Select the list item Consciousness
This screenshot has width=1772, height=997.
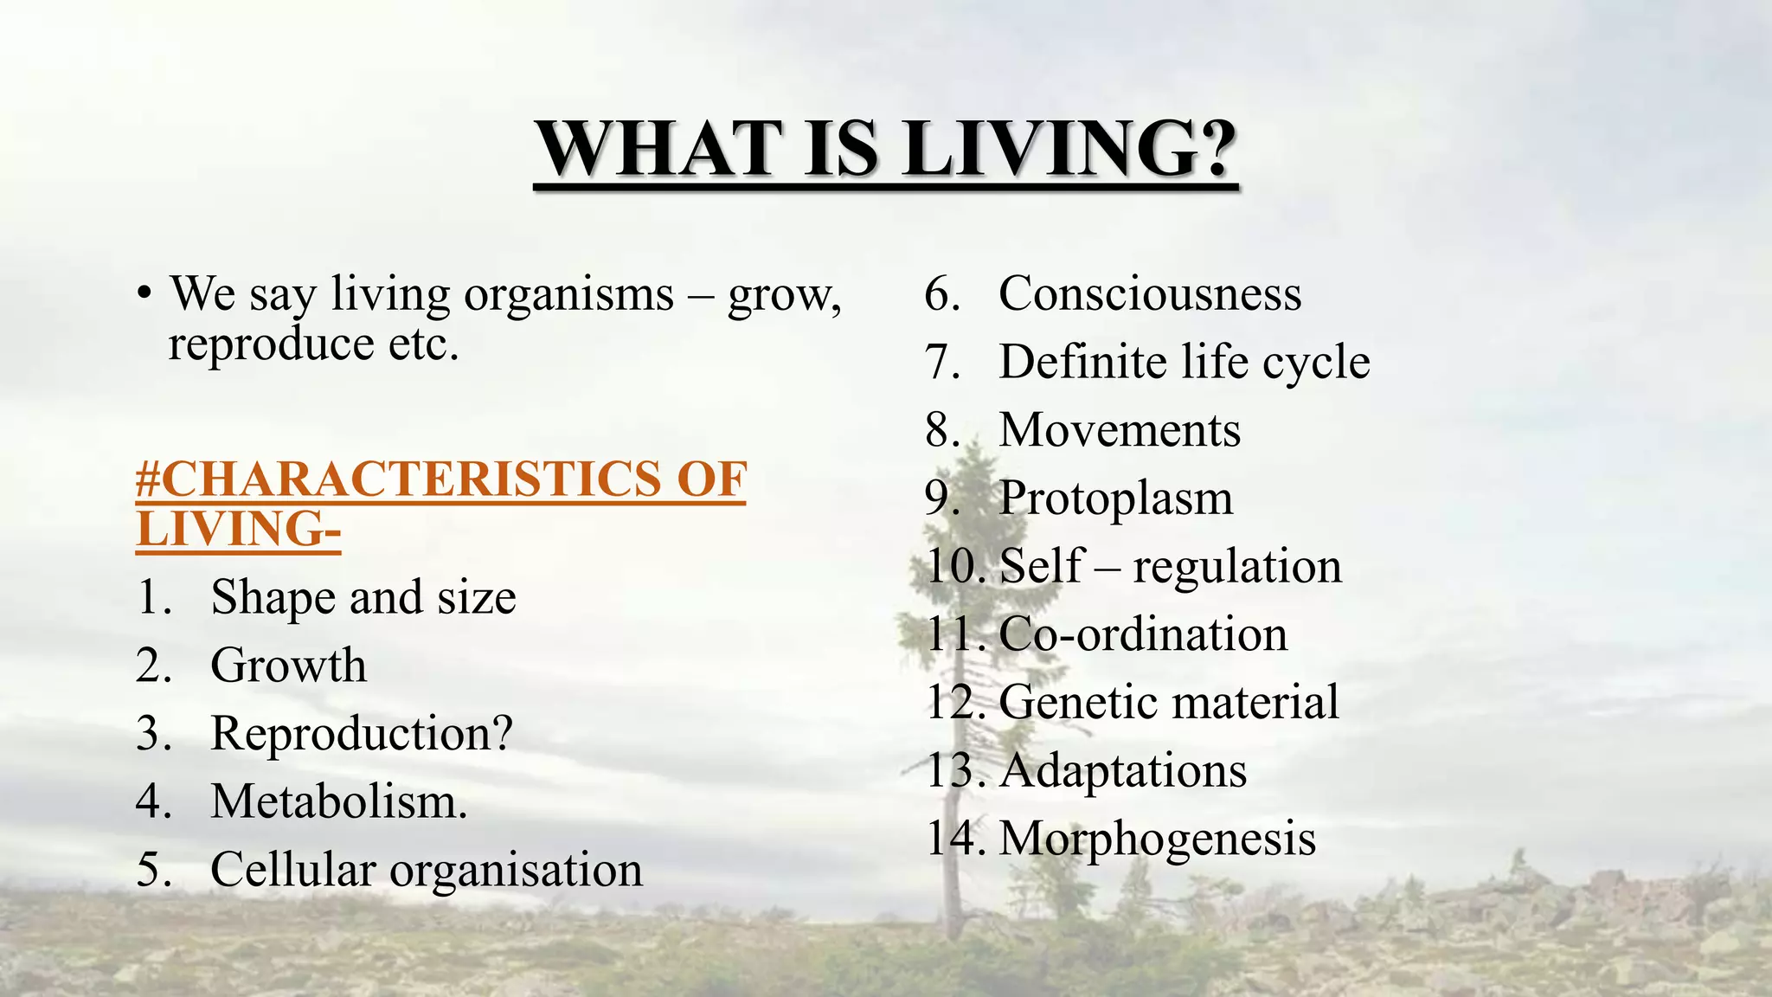click(1149, 294)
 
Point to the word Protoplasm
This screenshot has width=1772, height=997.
click(1115, 498)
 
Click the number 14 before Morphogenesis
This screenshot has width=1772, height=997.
click(953, 838)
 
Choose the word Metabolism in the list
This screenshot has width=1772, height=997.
click(335, 801)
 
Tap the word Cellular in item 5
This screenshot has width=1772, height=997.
click(292, 869)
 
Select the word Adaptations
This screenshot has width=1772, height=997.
click(1122, 770)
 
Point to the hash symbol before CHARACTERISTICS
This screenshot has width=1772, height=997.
click(148, 479)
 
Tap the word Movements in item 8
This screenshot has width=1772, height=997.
click(1119, 430)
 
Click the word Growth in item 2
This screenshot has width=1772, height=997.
click(288, 666)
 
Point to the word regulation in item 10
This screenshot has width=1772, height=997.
click(1236, 567)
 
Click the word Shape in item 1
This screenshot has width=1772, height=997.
click(272, 598)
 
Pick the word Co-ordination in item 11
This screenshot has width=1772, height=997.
click(1142, 634)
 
